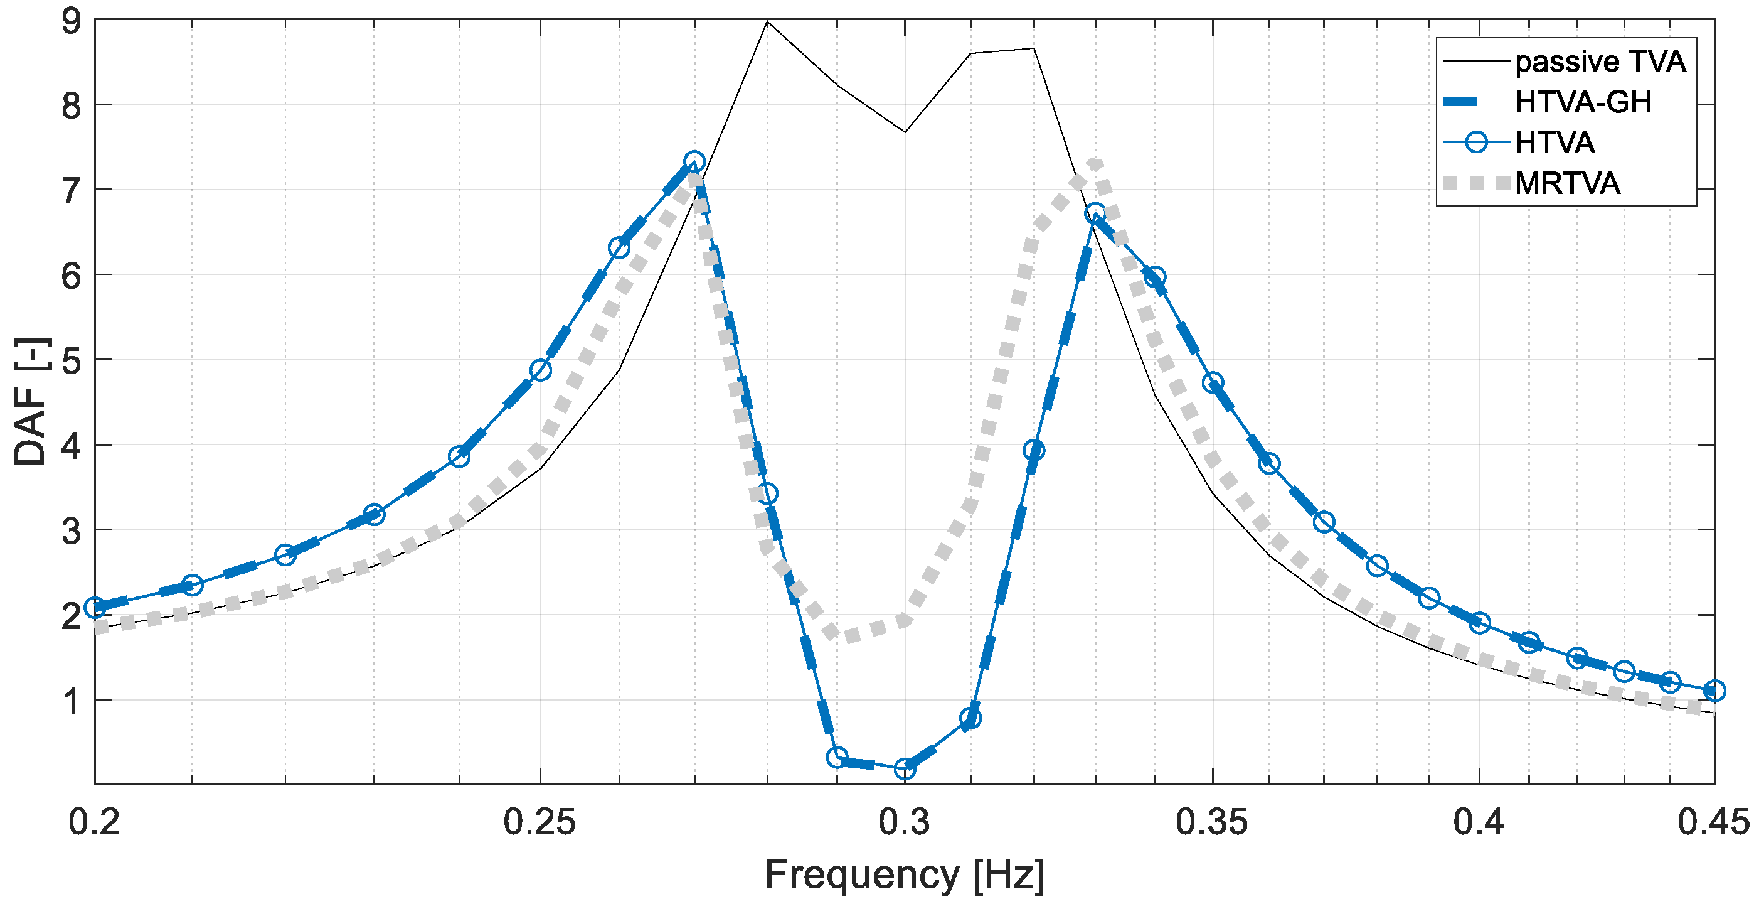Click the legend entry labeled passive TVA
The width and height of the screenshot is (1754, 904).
(1600, 62)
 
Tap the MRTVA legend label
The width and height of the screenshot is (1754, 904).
(1567, 183)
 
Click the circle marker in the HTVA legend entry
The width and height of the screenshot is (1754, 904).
(1475, 143)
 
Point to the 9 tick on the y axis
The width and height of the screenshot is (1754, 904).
(71, 22)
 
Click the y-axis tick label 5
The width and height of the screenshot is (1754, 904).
(71, 360)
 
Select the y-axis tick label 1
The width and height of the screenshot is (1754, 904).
(71, 701)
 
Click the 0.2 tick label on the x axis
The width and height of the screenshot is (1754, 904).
(94, 822)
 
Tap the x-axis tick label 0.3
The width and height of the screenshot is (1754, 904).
(903, 822)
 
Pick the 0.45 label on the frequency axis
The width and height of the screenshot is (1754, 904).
(1713, 822)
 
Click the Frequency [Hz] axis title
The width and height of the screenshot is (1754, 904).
(903, 874)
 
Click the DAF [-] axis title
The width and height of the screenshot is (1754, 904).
(31, 402)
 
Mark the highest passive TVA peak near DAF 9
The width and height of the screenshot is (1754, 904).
(767, 22)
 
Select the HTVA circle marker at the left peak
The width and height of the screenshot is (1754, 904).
(694, 162)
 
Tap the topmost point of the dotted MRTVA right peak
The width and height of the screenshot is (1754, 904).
(1094, 163)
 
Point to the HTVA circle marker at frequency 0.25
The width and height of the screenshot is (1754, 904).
(541, 370)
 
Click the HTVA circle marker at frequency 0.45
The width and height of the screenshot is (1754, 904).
(1715, 691)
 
